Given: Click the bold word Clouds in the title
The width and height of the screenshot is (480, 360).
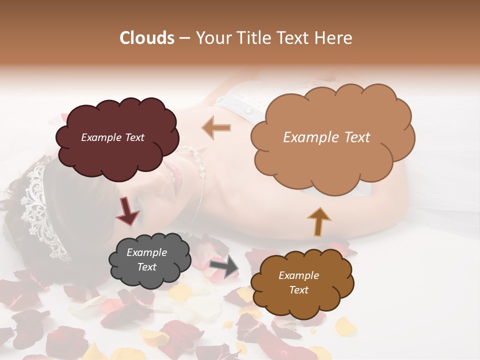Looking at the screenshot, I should (147, 38).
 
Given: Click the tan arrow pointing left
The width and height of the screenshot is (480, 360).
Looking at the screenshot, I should (216, 127).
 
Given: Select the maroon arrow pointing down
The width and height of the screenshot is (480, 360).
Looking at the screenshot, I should (127, 212).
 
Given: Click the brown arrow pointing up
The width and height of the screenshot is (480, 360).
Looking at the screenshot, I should (319, 221).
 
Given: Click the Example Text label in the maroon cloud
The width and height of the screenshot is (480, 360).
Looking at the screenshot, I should (112, 137).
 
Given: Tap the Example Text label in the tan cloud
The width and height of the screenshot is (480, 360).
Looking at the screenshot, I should (326, 137).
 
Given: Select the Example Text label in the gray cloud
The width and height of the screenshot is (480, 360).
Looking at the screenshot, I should (146, 260).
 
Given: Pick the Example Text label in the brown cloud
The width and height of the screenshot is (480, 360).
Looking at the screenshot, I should (298, 282).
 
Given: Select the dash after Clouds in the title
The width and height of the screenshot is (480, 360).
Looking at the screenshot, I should (184, 38).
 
